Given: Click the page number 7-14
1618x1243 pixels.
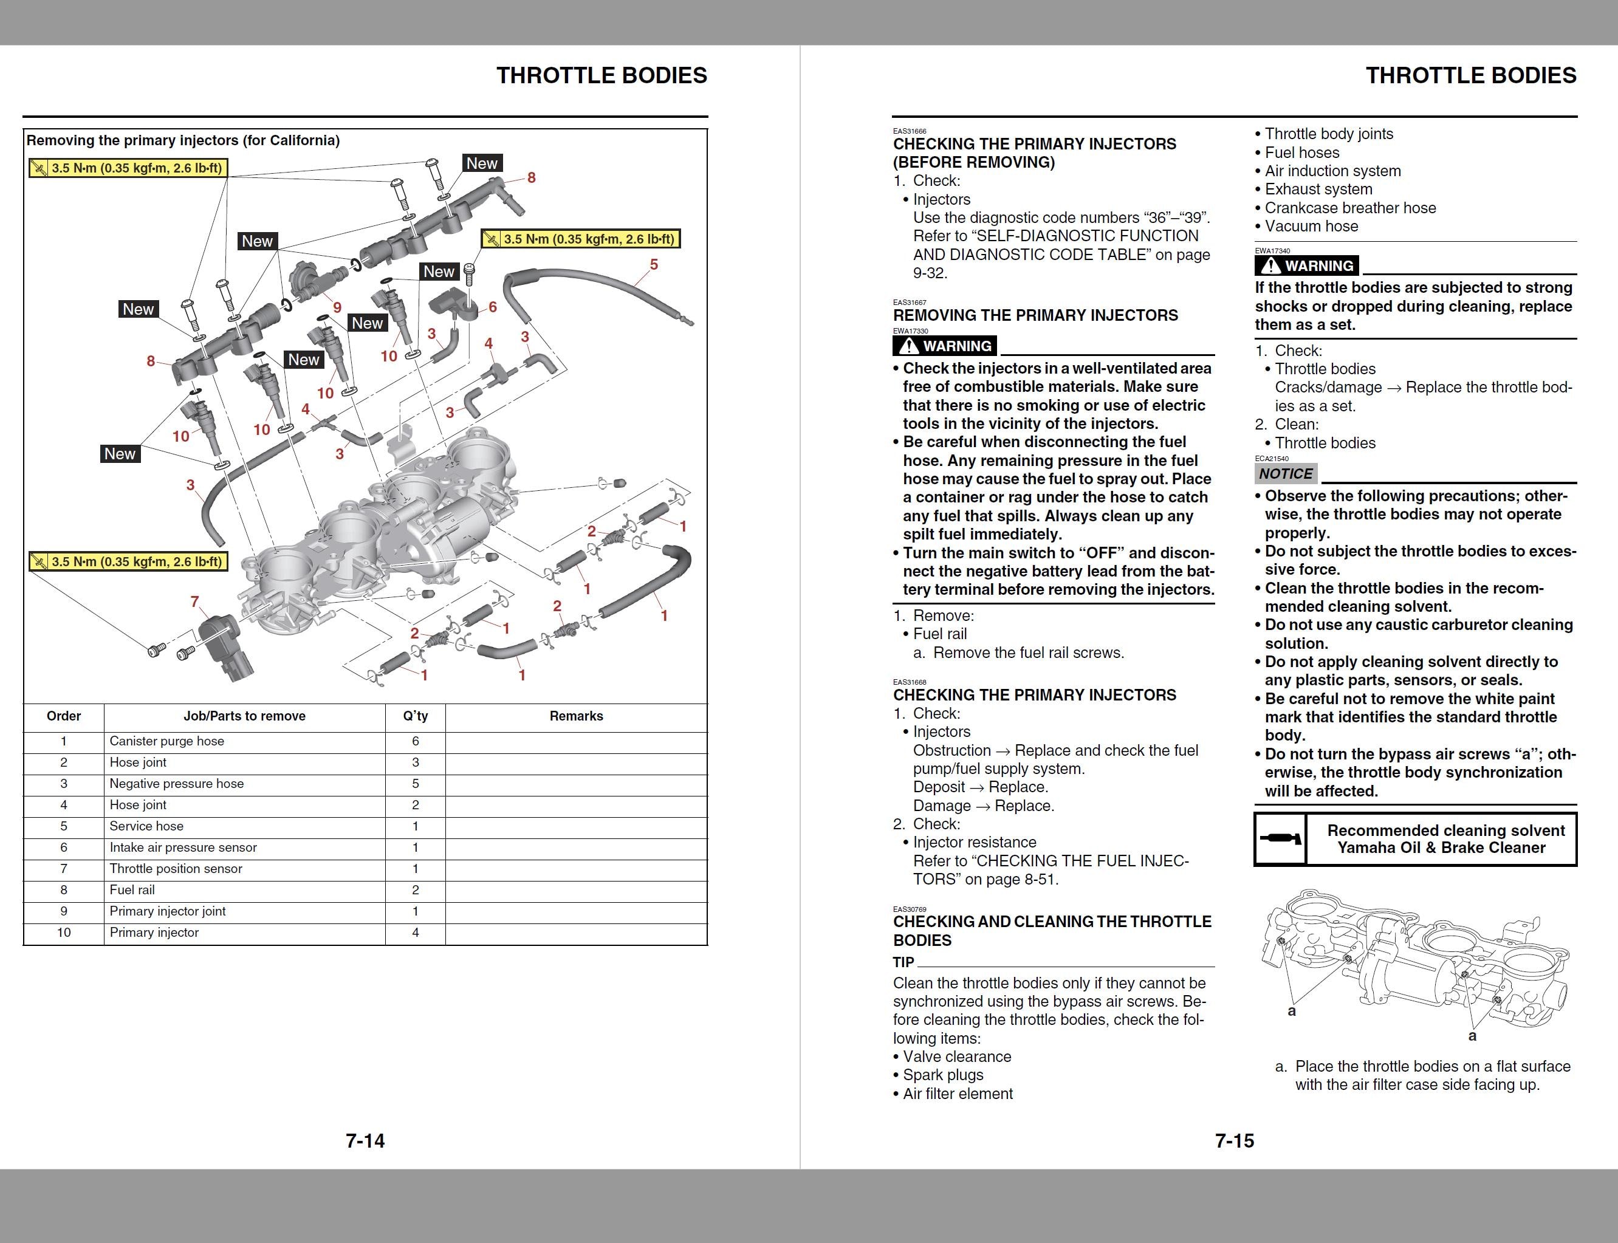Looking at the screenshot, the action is coord(365,1140).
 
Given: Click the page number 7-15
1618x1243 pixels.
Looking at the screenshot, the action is coord(1234,1140).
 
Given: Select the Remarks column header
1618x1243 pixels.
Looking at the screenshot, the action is coord(577,716).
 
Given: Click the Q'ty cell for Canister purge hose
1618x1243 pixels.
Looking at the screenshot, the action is coord(415,741).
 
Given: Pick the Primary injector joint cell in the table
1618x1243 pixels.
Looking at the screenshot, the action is coord(167,911).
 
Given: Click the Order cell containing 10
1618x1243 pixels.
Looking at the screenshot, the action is coord(64,932).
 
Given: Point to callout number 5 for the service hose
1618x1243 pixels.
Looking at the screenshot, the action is coord(653,264).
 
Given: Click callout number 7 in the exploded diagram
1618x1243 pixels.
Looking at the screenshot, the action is coord(194,601).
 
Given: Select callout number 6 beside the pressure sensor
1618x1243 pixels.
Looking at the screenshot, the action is coord(493,306).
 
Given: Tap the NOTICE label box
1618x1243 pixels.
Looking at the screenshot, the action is coord(1286,473).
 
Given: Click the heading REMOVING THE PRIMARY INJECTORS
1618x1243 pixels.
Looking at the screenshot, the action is coord(1035,315).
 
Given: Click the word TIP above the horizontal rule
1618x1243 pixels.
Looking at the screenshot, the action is coord(903,962).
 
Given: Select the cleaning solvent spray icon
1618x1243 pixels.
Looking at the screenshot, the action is coord(1280,838).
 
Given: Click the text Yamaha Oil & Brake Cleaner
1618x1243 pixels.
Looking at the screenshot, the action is coord(1441,848).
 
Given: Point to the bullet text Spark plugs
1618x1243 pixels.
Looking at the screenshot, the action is coord(944,1075).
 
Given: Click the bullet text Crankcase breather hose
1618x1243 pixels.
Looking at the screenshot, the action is coord(1350,208).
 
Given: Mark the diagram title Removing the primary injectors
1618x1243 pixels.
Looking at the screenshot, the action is coord(183,140).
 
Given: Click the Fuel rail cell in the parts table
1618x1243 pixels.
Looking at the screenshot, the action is coord(132,890).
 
